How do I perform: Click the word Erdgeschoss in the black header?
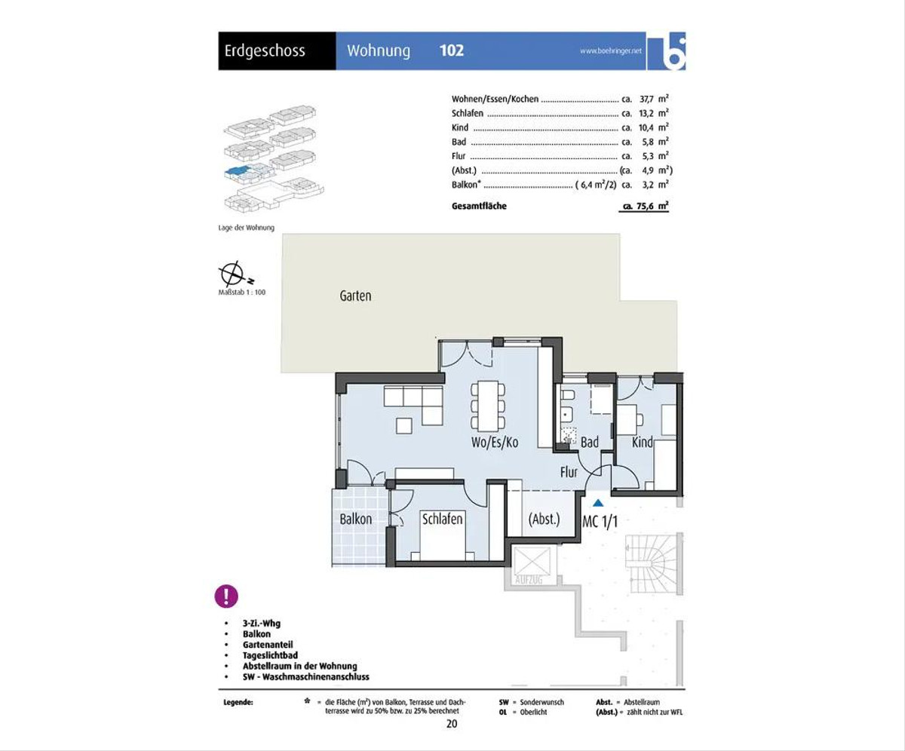click(265, 51)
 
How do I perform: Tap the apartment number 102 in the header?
click(452, 51)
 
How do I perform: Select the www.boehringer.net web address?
click(611, 51)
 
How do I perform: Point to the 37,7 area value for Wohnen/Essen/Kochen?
click(646, 100)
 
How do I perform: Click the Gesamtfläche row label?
click(479, 206)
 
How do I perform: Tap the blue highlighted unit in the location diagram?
click(237, 171)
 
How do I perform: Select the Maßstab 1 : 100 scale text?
click(242, 293)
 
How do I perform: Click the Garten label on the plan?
click(355, 296)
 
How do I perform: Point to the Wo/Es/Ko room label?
click(495, 443)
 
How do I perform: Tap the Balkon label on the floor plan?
click(356, 520)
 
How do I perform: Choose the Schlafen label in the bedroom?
click(443, 520)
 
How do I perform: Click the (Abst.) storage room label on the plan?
click(544, 520)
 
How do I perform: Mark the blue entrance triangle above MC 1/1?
click(598, 503)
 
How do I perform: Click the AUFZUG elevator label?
click(529, 579)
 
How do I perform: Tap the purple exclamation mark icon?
click(226, 596)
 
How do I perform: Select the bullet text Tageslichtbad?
click(270, 655)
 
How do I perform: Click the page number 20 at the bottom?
click(452, 724)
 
